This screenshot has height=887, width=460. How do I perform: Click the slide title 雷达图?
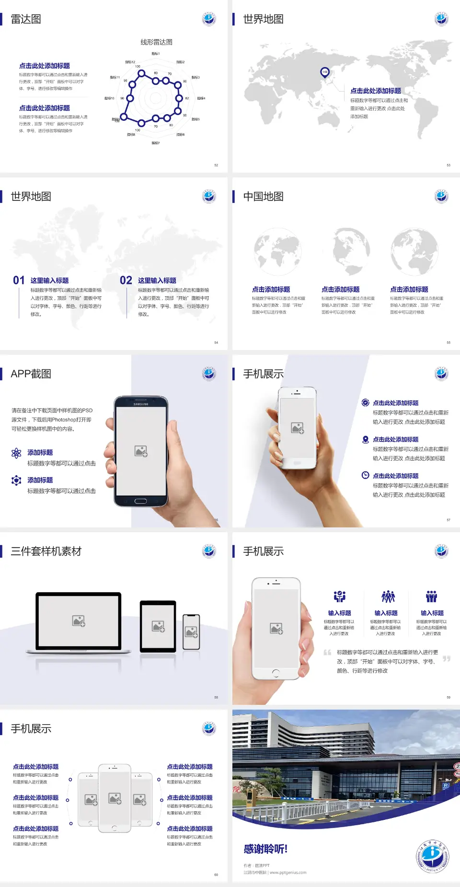coord(26,19)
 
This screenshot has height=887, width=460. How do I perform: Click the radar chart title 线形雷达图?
coord(156,42)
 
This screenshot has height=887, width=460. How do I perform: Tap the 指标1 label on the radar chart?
coord(156,54)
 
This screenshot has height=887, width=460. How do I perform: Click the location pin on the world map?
coord(325,72)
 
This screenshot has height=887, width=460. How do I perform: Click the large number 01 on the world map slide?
coord(19,280)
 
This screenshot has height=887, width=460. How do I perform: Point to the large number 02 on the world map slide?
coord(126,280)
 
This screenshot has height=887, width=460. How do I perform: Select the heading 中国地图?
coord(263,197)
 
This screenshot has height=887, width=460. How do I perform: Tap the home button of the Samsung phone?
coord(140,501)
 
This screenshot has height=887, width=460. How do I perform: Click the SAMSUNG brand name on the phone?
coord(141,404)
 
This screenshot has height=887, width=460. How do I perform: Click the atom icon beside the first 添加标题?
coord(16,453)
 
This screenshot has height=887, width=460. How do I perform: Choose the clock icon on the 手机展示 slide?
coord(365,475)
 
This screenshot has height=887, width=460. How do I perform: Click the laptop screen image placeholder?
coord(79,621)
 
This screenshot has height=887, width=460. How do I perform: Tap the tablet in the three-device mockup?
coord(158,626)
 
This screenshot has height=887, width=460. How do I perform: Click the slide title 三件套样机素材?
coord(46,551)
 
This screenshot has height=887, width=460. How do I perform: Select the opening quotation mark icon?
coord(327,652)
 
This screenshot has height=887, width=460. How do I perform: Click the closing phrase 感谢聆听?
coord(265,849)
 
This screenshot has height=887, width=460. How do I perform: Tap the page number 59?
coord(448,697)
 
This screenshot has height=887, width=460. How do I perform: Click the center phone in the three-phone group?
coord(115,798)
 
